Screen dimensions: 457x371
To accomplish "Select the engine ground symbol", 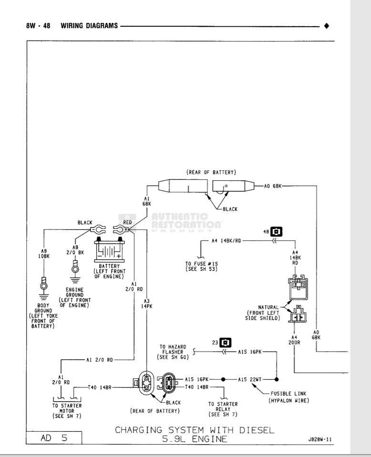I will coord(74,268).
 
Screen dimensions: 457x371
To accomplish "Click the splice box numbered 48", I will coord(276,232).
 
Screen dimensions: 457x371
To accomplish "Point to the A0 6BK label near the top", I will coord(273,186).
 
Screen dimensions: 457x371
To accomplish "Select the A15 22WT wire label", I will coord(249,380).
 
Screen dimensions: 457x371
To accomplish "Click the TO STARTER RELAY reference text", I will coord(223,410).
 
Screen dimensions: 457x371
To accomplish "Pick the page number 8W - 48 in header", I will coord(39,25).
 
